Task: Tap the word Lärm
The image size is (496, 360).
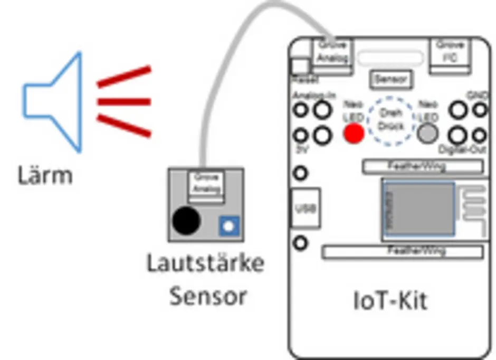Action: click(45, 175)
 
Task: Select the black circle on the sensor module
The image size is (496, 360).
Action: click(186, 220)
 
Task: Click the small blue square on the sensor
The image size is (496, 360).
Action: click(228, 226)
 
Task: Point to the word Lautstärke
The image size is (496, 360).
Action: click(205, 263)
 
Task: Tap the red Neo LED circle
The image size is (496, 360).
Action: click(354, 133)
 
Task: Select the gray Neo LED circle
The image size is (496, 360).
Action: click(428, 134)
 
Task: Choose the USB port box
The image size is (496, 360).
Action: click(305, 208)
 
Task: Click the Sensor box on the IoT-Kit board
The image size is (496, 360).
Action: click(390, 79)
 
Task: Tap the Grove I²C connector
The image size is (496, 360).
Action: click(450, 52)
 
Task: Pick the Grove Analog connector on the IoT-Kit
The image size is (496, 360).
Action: click(333, 52)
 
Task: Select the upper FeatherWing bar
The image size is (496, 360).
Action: click(422, 167)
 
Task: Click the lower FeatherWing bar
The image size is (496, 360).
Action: click(403, 251)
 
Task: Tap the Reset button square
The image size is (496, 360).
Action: click(301, 67)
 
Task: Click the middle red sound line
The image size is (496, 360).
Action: click(124, 100)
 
